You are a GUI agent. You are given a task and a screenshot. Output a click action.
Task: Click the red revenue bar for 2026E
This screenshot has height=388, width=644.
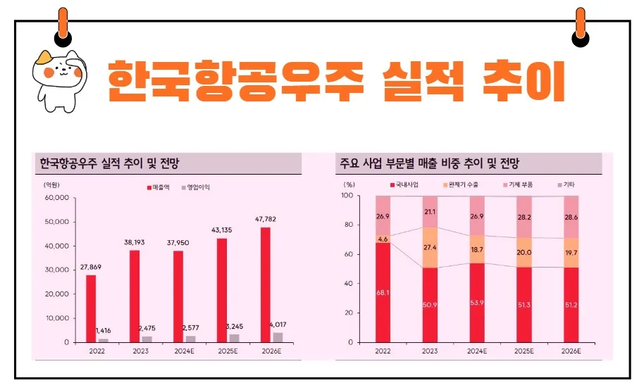265,284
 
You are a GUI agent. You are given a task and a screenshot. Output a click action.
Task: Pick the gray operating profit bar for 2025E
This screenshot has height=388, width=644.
234,338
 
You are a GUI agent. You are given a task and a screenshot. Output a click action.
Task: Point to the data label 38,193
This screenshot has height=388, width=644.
135,243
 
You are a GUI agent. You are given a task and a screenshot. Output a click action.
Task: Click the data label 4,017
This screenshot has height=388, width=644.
277,325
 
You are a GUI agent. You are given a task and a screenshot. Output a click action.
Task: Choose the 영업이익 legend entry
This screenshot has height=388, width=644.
197,187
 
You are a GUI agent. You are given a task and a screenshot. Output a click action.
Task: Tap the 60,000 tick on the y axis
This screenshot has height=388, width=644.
56,198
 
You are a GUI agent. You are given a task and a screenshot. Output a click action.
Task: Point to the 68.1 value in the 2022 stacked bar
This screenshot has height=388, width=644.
383,292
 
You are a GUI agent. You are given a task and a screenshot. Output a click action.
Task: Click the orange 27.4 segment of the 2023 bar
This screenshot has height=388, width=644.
429,247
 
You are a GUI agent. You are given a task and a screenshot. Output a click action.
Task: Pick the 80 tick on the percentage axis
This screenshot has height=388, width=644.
347,225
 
